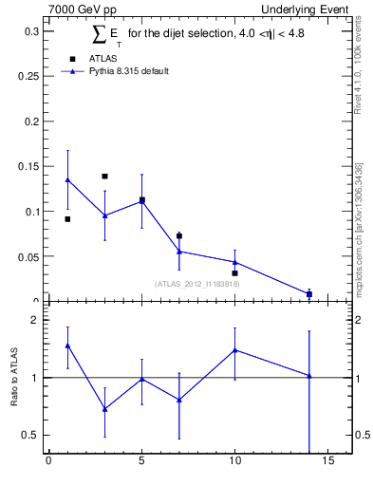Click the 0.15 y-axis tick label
pyautogui.click(x=28, y=167)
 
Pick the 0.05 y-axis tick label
pyautogui.click(x=28, y=257)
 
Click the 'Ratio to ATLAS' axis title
pyautogui.click(x=14, y=377)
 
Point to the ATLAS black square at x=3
pyautogui.click(x=104, y=176)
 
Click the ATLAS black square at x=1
pyautogui.click(x=67, y=219)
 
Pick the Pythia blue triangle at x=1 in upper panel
pyautogui.click(x=67, y=179)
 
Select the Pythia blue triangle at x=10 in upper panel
pyautogui.click(x=235, y=262)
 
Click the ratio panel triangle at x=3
pyautogui.click(x=104, y=409)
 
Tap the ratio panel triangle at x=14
pyautogui.click(x=309, y=375)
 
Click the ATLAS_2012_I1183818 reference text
pyautogui.click(x=197, y=284)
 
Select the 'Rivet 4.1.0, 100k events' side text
pyautogui.click(x=358, y=65)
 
